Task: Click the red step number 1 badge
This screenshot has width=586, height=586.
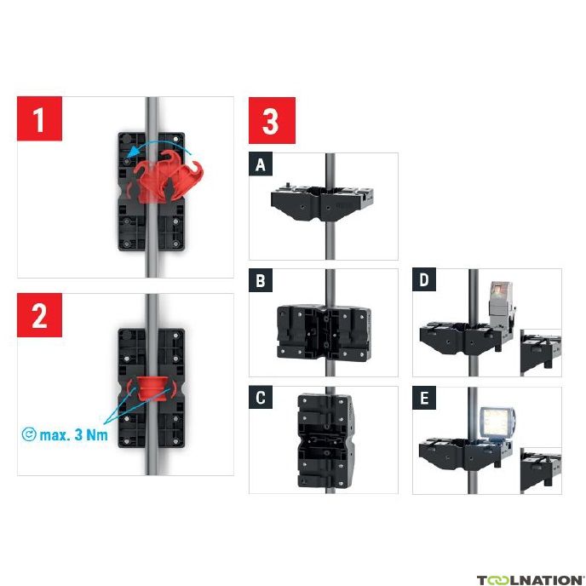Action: click(x=39, y=118)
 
